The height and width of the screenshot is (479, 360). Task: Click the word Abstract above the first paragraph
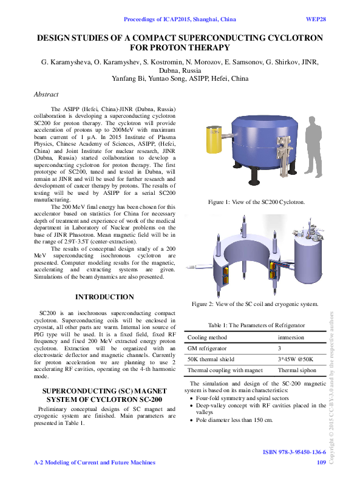coord(46,95)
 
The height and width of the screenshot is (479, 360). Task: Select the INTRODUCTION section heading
coord(104,297)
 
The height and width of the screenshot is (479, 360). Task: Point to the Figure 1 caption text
coord(256,202)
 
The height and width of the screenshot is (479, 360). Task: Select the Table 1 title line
coord(256,325)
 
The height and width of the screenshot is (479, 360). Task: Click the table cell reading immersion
coord(291,338)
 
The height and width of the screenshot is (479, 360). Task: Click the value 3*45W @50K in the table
coord(295,359)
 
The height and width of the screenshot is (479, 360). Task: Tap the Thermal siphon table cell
coord(296,370)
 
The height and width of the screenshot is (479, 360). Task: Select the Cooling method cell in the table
coord(208,338)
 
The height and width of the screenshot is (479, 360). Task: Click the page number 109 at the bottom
coord(322,463)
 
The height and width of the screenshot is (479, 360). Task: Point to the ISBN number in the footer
coord(294,453)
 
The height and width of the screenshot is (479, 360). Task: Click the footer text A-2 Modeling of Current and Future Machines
coord(94,463)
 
